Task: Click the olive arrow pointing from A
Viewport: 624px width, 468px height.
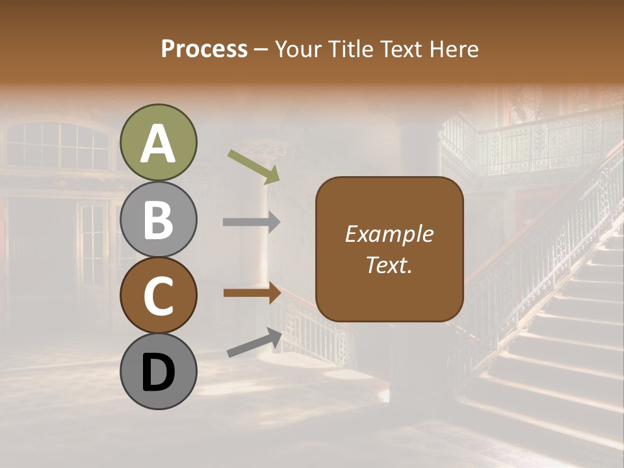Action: coord(253,165)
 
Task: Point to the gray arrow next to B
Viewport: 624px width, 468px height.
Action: coord(252,222)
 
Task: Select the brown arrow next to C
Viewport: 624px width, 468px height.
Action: coord(252,293)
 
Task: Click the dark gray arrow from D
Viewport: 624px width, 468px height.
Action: coord(254,343)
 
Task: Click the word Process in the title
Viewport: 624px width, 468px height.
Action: coord(204,49)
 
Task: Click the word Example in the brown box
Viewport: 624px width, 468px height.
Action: coord(389,235)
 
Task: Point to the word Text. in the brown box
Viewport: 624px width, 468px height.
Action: coord(389,265)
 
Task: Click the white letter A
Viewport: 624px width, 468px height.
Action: coord(159,144)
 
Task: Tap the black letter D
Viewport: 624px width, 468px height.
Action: coord(159,372)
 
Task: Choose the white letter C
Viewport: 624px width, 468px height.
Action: coord(159,296)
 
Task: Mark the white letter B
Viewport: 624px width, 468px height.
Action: coord(159,220)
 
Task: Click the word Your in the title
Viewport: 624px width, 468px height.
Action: coord(298,49)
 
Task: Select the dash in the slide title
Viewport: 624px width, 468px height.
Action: coord(261,49)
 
